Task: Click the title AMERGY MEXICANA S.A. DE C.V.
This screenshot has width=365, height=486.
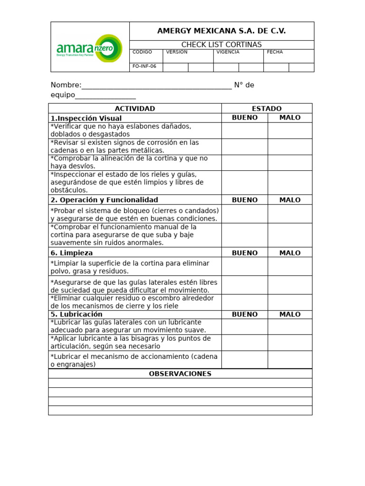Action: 221,31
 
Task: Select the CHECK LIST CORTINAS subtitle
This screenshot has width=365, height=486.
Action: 221,45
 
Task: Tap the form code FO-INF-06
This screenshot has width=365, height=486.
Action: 144,66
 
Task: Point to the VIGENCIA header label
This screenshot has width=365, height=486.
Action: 228,52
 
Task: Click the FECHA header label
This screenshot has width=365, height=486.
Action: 275,52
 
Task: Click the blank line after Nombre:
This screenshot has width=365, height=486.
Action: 157,85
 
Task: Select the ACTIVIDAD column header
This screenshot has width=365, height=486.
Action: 135,109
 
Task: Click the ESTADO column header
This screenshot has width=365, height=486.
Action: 267,109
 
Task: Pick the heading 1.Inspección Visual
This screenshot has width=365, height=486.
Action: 86,118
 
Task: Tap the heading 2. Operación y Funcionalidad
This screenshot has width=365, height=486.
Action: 104,200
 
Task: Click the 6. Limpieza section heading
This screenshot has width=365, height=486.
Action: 72,253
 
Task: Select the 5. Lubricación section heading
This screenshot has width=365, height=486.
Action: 77,314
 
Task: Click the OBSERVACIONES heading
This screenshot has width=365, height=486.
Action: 180,374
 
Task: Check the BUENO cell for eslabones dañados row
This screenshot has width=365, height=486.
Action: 244,131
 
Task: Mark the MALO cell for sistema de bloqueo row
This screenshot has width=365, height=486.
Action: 290,214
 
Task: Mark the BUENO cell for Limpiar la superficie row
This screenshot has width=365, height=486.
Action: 244,267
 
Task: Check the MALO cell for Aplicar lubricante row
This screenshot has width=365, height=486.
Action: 290,343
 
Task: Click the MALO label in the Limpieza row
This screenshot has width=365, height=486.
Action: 290,253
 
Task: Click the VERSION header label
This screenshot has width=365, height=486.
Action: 176,52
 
